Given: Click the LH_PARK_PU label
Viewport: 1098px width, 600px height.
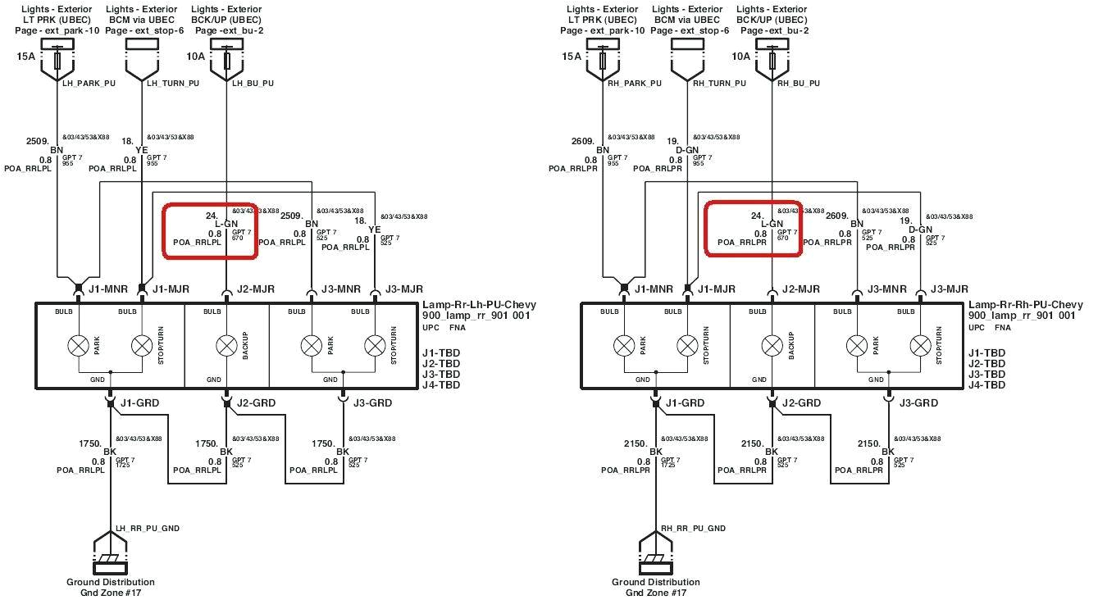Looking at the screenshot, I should [88, 83].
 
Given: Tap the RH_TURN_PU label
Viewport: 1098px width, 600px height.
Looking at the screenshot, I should [719, 83].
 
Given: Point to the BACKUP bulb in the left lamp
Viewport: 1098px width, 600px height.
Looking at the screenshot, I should [226, 346].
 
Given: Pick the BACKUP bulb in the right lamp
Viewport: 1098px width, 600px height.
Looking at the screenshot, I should [772, 346].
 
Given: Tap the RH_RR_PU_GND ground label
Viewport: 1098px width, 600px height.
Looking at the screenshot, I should [693, 529].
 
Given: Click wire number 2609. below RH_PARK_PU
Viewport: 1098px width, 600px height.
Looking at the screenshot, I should [583, 140].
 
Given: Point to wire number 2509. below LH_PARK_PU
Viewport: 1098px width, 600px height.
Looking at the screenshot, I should [39, 140].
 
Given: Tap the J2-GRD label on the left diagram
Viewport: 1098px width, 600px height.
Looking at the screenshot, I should [256, 402].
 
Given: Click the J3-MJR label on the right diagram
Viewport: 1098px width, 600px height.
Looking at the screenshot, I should [950, 289].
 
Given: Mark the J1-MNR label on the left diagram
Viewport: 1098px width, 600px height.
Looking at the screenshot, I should [104, 289].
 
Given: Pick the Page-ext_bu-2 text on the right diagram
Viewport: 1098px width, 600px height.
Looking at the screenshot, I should [774, 30].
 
